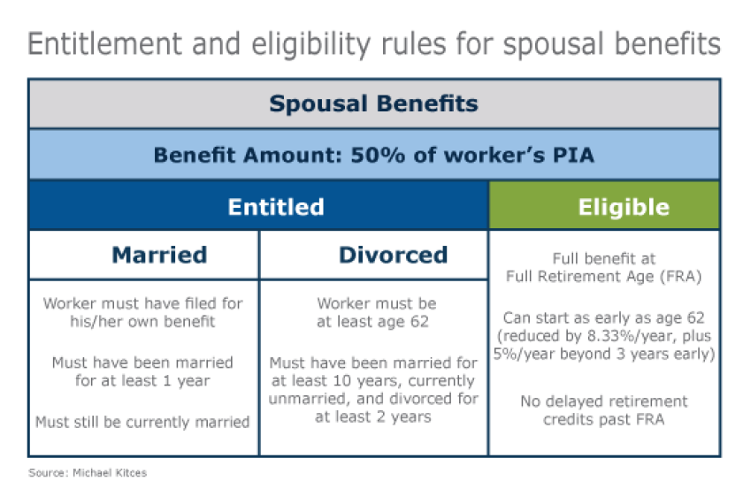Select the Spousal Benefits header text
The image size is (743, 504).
click(373, 104)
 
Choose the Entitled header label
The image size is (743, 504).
click(276, 207)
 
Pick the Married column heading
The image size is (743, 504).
click(159, 256)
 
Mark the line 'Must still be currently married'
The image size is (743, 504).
click(142, 423)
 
